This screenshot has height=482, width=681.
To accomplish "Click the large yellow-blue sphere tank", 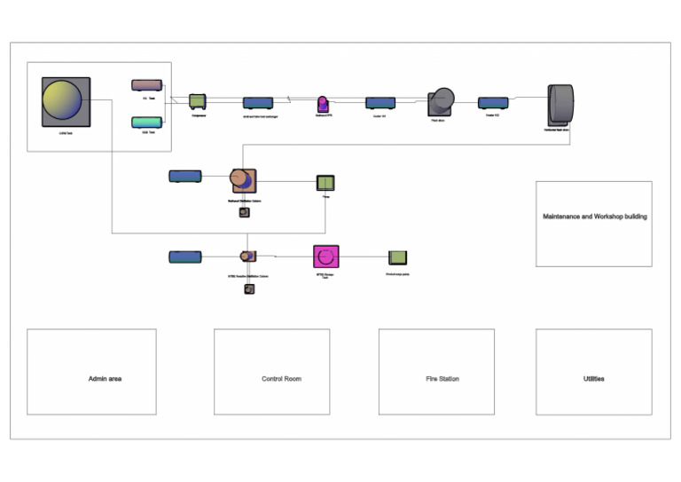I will tap(66, 101).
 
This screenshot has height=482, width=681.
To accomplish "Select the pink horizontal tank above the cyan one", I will tap(146, 85).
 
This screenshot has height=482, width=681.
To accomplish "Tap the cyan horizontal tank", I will tap(146, 122).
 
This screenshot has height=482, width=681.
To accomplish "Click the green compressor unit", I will tap(198, 102).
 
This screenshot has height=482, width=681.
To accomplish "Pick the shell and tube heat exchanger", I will tap(258, 103).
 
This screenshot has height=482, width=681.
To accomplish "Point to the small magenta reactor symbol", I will tap(323, 103).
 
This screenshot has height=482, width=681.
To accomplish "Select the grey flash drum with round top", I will tap(441, 102).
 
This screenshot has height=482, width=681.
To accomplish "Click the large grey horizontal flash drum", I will tap(560, 105).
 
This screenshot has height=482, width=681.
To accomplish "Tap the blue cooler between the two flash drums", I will tap(493, 103).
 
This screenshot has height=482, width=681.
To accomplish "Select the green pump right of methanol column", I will tap(326, 183).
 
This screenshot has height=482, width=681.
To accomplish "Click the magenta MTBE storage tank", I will tap(326, 257).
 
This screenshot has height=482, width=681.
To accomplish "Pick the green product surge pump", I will tap(398, 257).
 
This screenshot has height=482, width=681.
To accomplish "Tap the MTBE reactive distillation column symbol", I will tap(248, 257).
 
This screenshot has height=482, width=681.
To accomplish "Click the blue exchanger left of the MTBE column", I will tap(184, 257).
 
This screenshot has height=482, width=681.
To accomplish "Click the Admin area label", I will tap(106, 379).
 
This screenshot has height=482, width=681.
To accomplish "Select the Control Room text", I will tap(281, 379).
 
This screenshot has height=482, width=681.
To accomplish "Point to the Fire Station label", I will tap(442, 379).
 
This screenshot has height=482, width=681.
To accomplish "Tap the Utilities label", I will tap(593, 379).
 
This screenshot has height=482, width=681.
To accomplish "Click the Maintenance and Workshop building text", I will tap(594, 217).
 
